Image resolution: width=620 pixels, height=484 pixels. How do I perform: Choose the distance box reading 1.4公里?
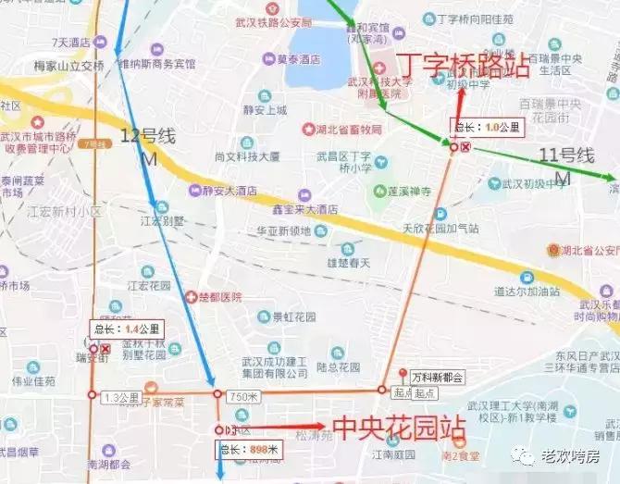127,328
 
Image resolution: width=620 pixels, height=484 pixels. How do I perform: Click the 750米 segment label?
239,395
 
